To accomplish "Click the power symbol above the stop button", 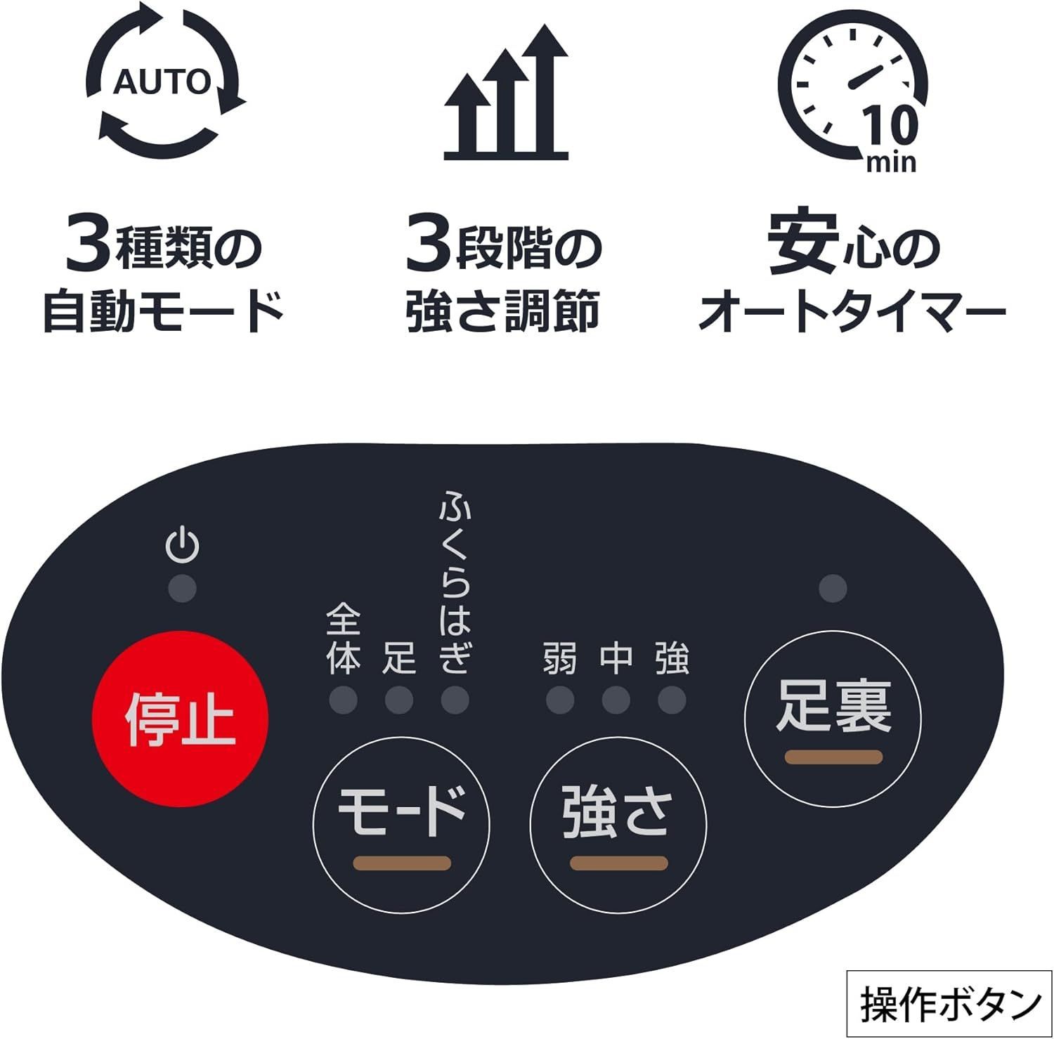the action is point(182,545).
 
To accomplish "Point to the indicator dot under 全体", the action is point(344,700).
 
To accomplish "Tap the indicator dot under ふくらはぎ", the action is point(455,700).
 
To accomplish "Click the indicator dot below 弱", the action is point(560,700).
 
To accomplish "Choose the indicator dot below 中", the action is point(616,700).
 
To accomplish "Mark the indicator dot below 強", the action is point(672,700).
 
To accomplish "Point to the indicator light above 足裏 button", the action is point(833,589).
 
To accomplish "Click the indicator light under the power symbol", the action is point(183,589).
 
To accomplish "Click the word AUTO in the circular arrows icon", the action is point(162,82).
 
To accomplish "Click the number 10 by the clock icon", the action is point(890,126).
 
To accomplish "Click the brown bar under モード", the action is point(402,863).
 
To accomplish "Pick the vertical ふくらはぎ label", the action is point(455,582).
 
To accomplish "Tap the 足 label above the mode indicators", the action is point(399,658).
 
